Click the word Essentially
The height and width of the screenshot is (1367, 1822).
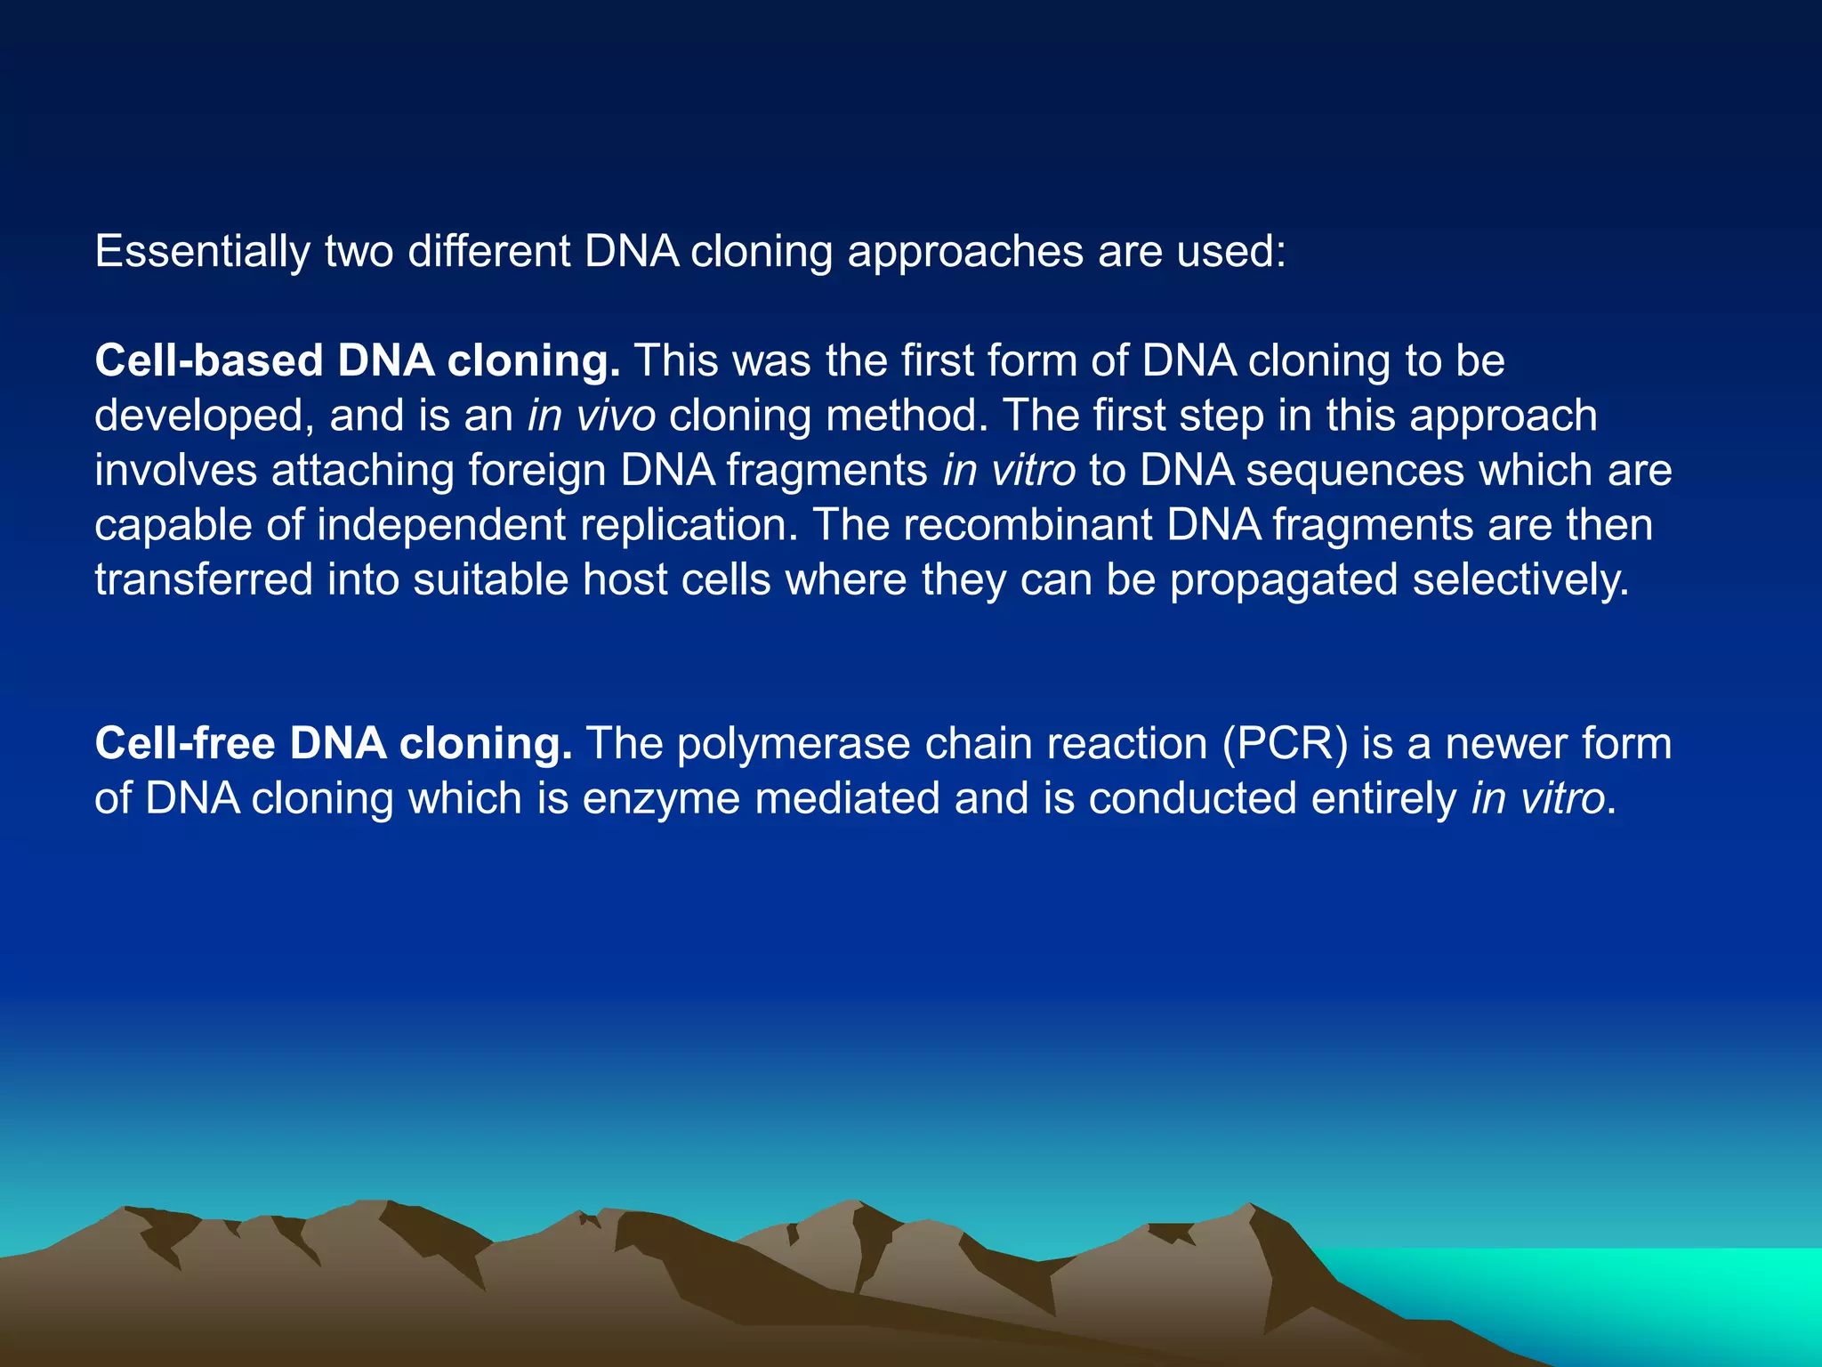click(202, 252)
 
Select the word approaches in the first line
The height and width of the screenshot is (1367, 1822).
click(965, 252)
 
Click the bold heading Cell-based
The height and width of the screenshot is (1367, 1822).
click(209, 361)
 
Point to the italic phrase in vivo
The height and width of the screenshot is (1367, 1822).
click(592, 417)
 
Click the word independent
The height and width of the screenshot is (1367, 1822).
click(441, 525)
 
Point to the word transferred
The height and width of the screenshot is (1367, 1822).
click(204, 580)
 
